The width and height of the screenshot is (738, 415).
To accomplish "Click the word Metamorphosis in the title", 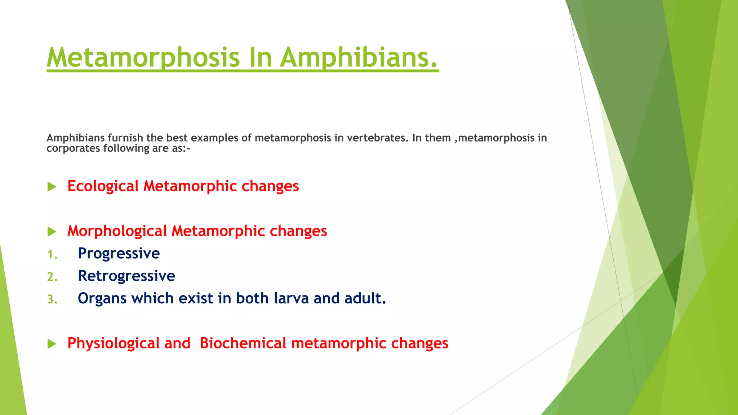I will pyautogui.click(x=143, y=58).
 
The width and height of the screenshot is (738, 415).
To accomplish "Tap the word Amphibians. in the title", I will pyautogui.click(x=359, y=58).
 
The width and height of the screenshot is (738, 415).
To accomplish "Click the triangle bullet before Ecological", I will pyautogui.click(x=52, y=187).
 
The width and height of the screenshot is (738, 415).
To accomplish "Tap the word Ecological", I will pyautogui.click(x=103, y=186).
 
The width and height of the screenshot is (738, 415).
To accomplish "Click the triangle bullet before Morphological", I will pyautogui.click(x=52, y=232).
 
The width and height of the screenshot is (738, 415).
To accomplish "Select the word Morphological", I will pyautogui.click(x=117, y=231).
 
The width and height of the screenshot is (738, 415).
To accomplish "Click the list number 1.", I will pyautogui.click(x=52, y=255).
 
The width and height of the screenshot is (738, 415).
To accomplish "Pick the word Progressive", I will pyautogui.click(x=119, y=254).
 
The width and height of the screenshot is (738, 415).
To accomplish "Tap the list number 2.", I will pyautogui.click(x=52, y=277).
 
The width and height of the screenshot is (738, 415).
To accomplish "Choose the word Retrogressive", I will pyautogui.click(x=126, y=276).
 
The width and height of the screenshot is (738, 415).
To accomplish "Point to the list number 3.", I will pyautogui.click(x=52, y=299).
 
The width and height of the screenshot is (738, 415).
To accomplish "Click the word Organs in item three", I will pyautogui.click(x=102, y=299).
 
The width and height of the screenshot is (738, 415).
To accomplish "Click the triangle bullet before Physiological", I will pyautogui.click(x=52, y=344).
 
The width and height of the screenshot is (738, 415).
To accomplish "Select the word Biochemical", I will pyautogui.click(x=243, y=343).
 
